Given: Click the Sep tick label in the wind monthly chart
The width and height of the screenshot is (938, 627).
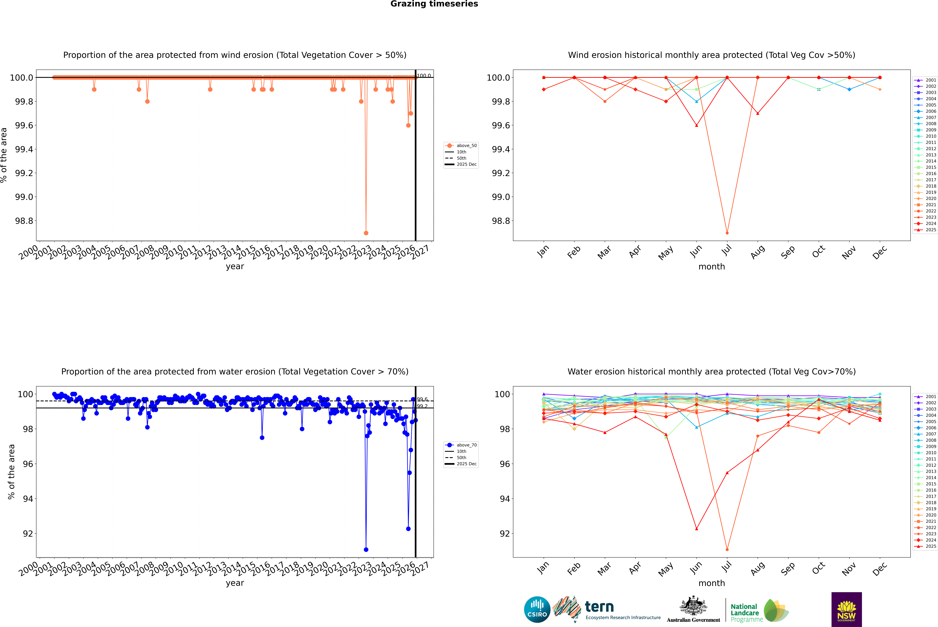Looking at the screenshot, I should [x=788, y=252].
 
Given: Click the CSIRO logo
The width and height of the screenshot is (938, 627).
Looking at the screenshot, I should [x=537, y=609].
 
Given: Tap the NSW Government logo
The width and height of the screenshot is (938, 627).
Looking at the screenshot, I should [x=846, y=609].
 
